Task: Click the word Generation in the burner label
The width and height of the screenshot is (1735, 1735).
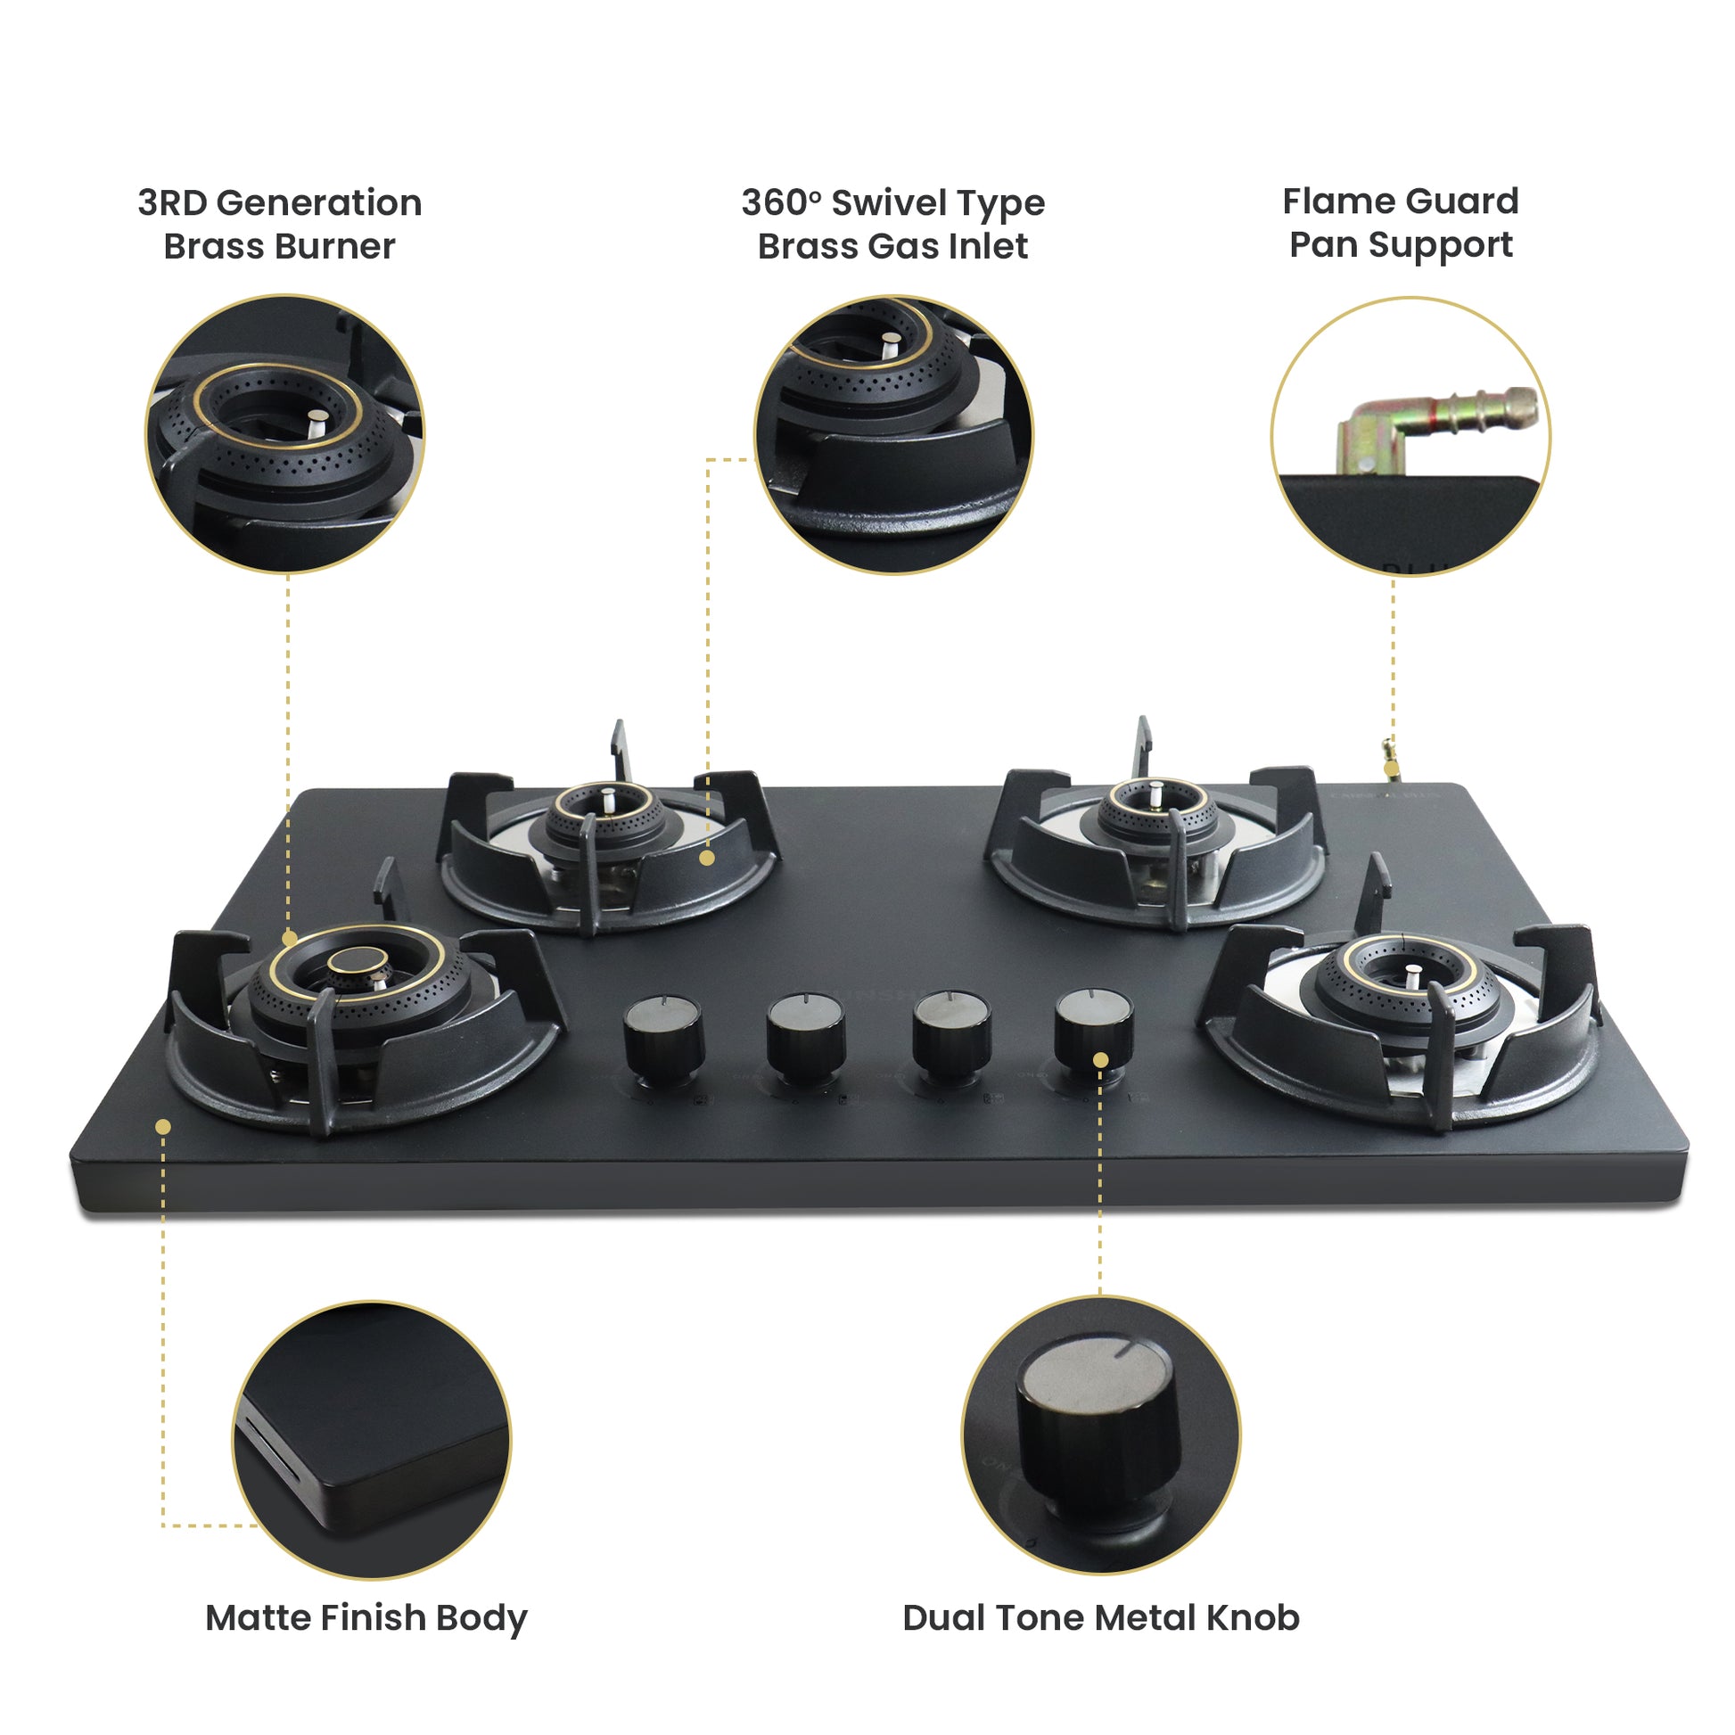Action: coord(319,203)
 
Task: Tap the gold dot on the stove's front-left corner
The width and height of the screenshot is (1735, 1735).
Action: coord(163,1126)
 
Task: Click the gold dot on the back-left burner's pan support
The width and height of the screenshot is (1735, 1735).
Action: coord(707,858)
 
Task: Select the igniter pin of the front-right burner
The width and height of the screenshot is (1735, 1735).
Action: coord(1412,974)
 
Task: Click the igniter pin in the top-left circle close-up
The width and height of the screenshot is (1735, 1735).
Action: coord(318,422)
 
